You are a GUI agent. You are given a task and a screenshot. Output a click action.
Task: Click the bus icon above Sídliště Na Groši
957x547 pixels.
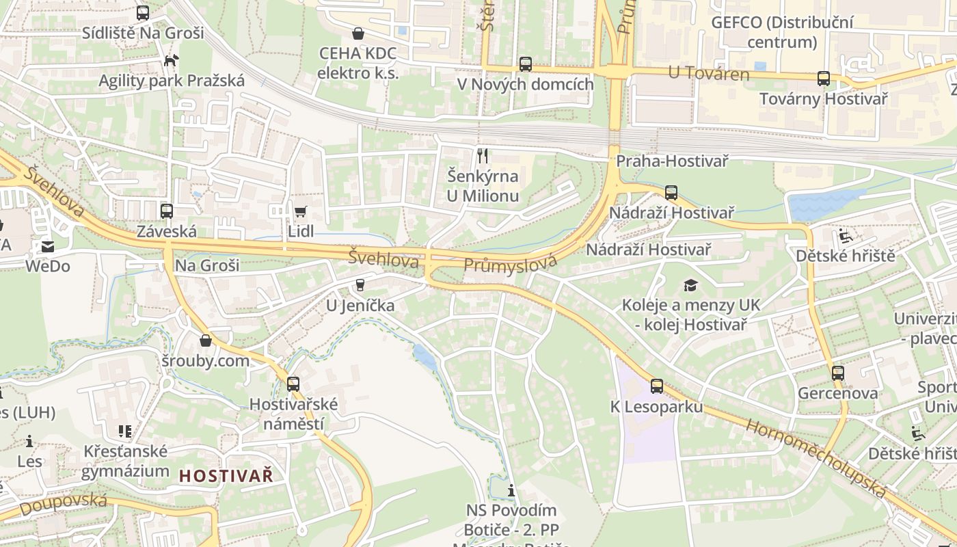tap(143, 12)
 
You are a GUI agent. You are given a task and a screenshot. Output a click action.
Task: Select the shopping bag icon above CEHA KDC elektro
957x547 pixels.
tap(358, 33)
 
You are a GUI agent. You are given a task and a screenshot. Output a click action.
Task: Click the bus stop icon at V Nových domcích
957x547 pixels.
tap(525, 64)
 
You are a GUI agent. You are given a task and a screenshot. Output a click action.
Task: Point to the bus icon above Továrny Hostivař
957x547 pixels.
tap(824, 79)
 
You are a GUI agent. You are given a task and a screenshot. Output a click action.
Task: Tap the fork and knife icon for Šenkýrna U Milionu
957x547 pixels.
tap(483, 156)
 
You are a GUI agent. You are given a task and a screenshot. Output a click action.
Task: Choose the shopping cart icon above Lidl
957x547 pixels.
tap(300, 211)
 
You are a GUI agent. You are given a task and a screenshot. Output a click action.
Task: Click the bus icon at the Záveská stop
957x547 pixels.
tap(167, 211)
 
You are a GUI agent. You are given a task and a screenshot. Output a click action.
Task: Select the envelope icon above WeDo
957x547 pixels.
tap(48, 247)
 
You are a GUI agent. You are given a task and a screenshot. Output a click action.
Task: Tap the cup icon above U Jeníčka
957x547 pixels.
tap(360, 285)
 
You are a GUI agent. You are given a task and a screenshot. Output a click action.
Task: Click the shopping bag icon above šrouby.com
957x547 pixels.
tap(206, 341)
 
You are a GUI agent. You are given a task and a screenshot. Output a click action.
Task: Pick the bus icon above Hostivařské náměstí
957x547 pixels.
tap(293, 384)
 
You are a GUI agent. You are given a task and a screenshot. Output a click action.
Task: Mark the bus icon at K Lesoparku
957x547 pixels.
tap(657, 386)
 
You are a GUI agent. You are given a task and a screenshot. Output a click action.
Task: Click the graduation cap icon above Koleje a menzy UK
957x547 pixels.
tap(690, 285)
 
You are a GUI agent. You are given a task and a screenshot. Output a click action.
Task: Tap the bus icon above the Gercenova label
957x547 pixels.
tap(838, 373)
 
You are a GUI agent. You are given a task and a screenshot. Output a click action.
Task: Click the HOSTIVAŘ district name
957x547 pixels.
tap(226, 475)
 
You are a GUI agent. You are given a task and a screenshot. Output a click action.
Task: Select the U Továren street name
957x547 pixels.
tap(709, 73)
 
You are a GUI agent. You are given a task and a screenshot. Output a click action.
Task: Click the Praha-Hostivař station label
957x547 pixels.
tap(672, 161)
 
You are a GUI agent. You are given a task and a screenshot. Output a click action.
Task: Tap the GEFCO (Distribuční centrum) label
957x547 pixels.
tap(782, 32)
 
